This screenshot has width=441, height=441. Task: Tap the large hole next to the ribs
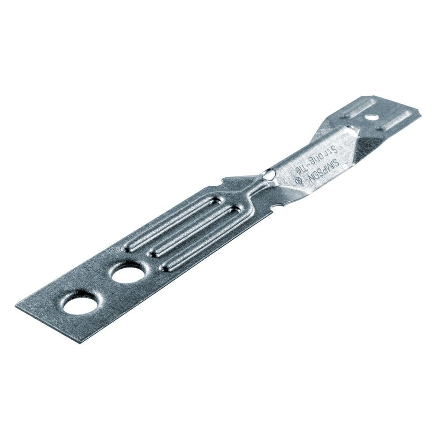point(128,272)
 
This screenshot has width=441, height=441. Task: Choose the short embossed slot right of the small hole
point(397,120)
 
